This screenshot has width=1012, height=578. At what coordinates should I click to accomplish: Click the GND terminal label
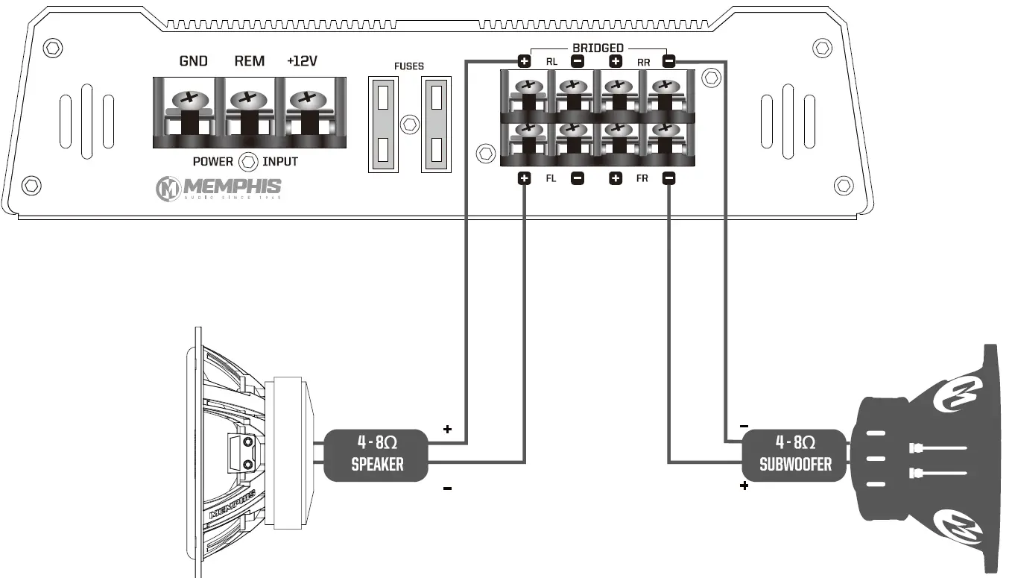pos(193,61)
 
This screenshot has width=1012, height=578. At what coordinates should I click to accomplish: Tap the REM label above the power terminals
pos(249,61)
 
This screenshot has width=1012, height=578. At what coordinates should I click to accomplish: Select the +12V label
pos(302,61)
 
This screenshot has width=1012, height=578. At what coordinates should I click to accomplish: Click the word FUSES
pos(408,66)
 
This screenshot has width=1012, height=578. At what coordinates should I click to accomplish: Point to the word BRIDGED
pos(597,48)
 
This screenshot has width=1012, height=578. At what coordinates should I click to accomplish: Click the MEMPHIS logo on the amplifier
pos(218,188)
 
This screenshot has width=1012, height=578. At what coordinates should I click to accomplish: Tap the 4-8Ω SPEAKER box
pos(377,454)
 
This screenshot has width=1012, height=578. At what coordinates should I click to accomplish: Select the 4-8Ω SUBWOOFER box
pos(795,454)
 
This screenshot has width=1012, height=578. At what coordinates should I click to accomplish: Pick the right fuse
pos(437,123)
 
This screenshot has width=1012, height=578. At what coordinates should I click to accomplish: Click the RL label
pos(551,62)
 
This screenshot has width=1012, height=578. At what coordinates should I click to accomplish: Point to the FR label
pos(642,179)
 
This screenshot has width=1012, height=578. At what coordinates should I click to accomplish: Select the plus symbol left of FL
pos(524,178)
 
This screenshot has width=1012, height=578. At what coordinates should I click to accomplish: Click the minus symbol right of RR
pos(668,61)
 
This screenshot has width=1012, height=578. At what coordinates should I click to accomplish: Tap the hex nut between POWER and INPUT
pos(248,161)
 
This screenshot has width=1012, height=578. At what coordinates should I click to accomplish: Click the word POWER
pos(213,162)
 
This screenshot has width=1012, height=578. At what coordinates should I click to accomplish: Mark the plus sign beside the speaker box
pos(447,429)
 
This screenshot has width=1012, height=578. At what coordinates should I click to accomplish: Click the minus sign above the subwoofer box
pos(744,426)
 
